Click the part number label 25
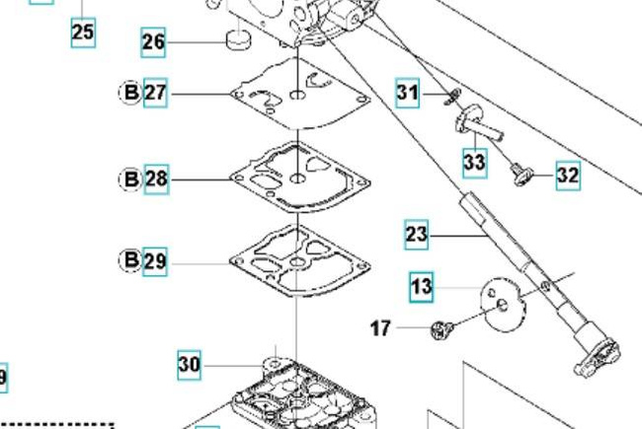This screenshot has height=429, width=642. click(83, 33)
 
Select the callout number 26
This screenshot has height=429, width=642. click(154, 42)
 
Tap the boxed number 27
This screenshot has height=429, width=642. click(156, 94)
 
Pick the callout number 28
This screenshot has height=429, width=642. click(156, 179)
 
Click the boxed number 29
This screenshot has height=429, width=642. click(155, 261)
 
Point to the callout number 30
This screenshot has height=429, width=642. click(190, 365)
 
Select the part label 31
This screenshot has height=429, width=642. click(408, 94)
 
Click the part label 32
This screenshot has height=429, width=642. click(567, 176)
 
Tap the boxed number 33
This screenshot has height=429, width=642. click(474, 161)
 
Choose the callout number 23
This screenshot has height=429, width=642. click(417, 235)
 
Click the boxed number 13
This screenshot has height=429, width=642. click(422, 287)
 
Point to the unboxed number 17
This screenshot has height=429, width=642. click(381, 328)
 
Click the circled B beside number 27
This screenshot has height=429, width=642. click(130, 94)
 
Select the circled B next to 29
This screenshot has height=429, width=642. click(130, 261)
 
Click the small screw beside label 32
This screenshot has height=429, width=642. click(521, 175)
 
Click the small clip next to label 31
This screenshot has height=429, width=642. click(451, 96)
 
